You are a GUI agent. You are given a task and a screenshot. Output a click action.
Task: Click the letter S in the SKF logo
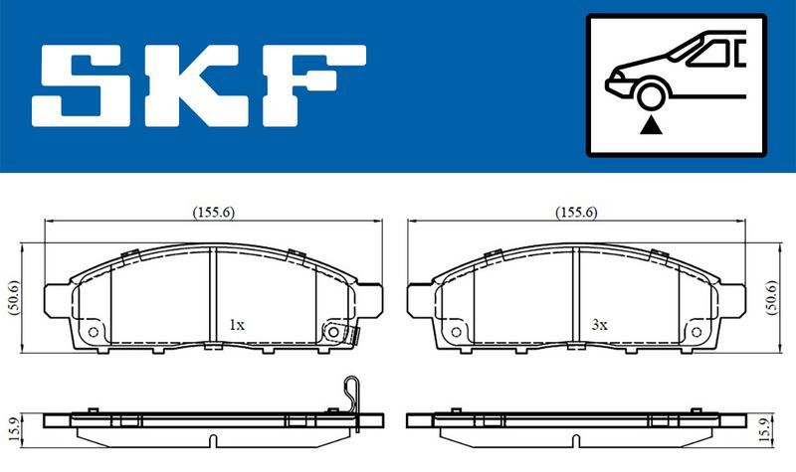coord(81,85)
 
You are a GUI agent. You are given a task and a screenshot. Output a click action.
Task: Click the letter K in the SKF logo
coord(198,85)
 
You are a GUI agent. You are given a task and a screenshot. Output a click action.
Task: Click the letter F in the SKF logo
coord(313,85)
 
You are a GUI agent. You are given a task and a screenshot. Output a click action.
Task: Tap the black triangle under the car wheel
coord(651,125)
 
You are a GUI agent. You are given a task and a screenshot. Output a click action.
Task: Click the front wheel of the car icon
coord(651,96)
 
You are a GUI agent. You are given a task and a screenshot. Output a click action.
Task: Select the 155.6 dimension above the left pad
coord(213,213)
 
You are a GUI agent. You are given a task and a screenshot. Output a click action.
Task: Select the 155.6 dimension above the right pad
coord(576,213)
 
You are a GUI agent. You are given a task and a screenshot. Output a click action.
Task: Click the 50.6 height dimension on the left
coord(14,297)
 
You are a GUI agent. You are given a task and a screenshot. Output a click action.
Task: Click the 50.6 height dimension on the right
coord(772,297)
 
